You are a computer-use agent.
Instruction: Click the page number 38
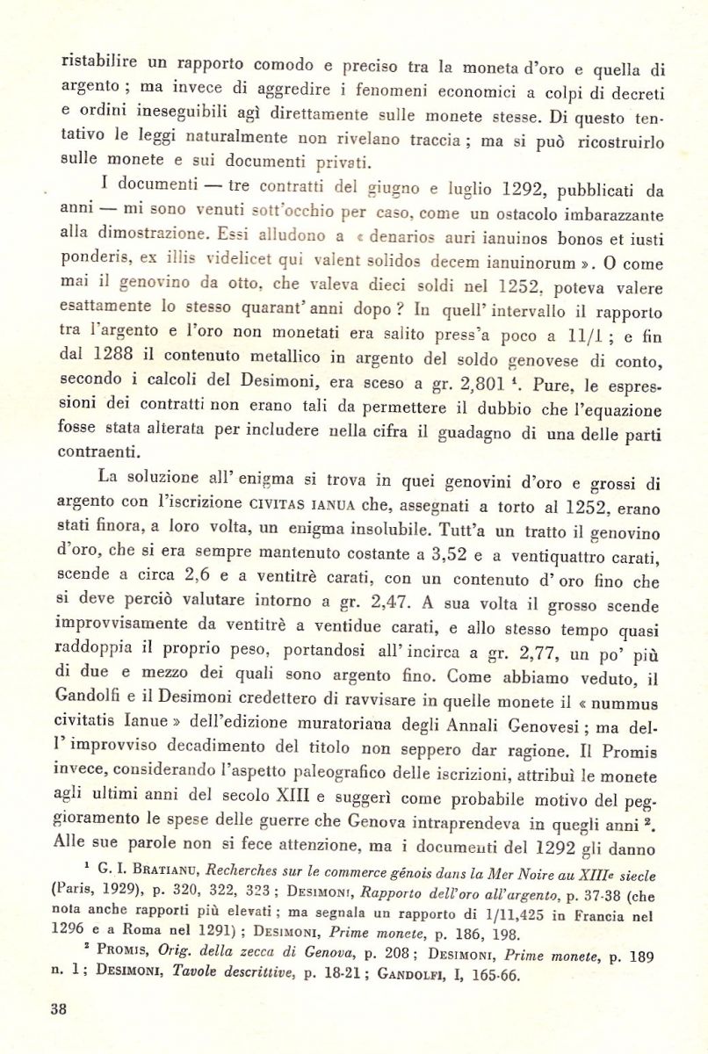(59, 1008)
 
